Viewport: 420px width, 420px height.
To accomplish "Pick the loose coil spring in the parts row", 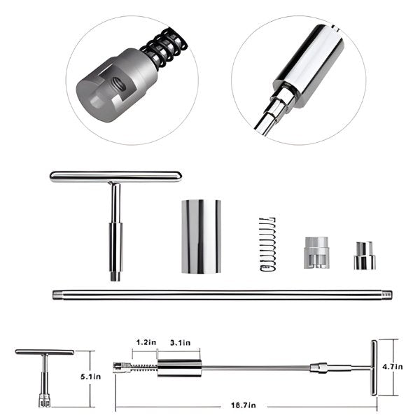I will pyautogui.click(x=267, y=244).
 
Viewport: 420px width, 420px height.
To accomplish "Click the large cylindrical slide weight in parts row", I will pyautogui.click(x=201, y=236).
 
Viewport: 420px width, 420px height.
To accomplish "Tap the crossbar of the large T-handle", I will pyautogui.click(x=115, y=176).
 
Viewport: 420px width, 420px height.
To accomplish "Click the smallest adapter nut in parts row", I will pyautogui.click(x=364, y=256).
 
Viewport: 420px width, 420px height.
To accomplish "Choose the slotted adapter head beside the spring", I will pyautogui.click(x=316, y=253).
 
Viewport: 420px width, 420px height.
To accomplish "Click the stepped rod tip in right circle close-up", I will pyautogui.click(x=269, y=115).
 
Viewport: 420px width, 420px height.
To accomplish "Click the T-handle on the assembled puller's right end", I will pyautogui.click(x=373, y=367).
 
